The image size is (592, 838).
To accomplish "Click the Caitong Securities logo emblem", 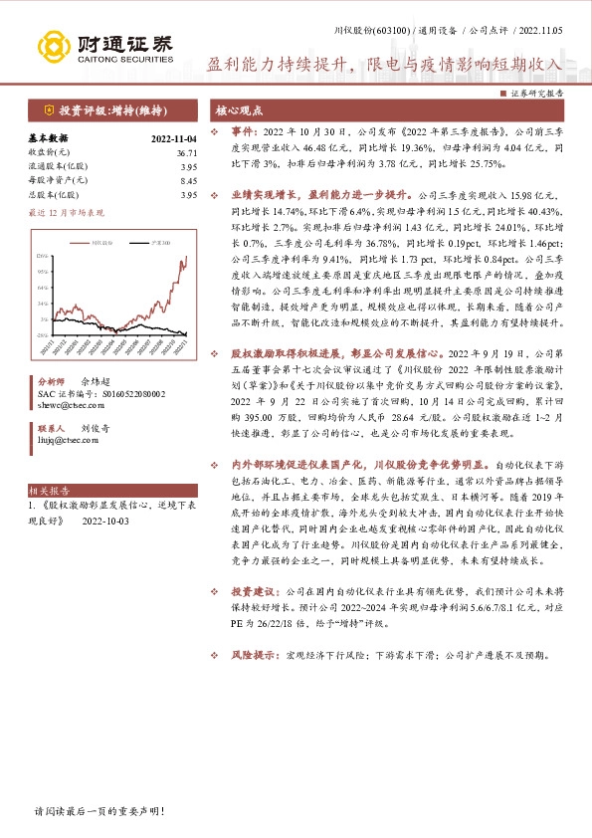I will click(x=53, y=45).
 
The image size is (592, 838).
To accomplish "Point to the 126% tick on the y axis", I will click(x=44, y=257).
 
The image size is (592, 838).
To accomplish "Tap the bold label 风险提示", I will click(x=253, y=656).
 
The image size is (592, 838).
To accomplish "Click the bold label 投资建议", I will click(x=253, y=590).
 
